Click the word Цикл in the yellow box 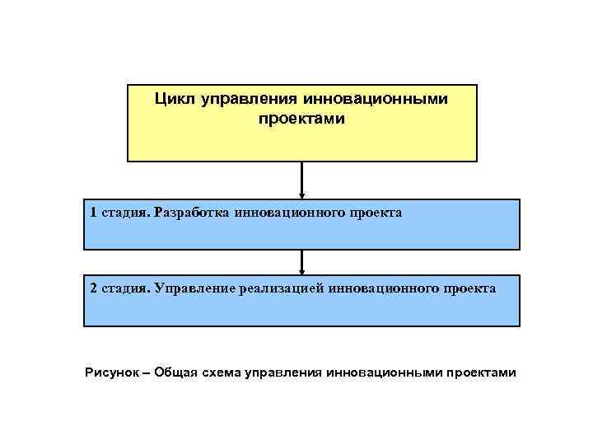(171, 100)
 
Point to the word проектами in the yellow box (301, 119)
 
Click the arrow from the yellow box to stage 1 (302, 180)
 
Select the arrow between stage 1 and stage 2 (302, 262)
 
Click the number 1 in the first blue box (94, 213)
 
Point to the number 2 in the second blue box (94, 288)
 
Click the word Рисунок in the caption (111, 372)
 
